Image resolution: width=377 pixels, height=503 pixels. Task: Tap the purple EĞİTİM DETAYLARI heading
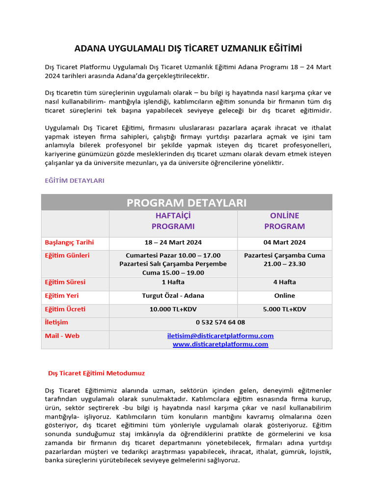click(x=75, y=181)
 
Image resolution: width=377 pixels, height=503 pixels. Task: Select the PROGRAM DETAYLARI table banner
click(x=187, y=202)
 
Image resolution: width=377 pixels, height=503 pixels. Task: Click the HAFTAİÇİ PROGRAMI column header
click(x=173, y=221)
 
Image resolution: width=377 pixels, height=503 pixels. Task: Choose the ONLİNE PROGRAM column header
click(x=284, y=221)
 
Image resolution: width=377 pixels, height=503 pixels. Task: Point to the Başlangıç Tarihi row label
click(x=69, y=243)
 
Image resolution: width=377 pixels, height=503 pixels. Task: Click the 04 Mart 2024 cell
click(x=284, y=243)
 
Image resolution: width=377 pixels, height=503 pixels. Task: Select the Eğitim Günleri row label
click(x=67, y=255)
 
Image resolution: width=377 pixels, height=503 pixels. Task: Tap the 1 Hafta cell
click(x=173, y=282)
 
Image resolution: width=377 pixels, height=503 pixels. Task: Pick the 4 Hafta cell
click(x=284, y=282)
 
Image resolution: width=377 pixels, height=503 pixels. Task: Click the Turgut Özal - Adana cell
click(x=173, y=296)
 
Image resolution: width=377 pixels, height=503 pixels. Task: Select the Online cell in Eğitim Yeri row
click(x=284, y=296)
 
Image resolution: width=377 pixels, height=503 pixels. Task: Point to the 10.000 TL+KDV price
click(x=173, y=309)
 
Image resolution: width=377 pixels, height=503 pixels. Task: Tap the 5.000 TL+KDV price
click(x=284, y=309)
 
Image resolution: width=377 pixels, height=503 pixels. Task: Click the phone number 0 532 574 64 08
click(x=220, y=323)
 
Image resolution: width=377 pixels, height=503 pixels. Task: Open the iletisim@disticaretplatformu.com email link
click(x=220, y=336)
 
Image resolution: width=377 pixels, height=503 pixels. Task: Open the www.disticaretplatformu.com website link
click(x=220, y=344)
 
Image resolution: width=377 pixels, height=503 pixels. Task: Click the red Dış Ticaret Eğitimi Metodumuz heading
click(x=96, y=373)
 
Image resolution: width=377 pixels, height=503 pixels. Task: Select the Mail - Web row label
click(x=62, y=336)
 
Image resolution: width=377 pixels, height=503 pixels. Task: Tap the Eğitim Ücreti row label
click(x=65, y=309)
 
